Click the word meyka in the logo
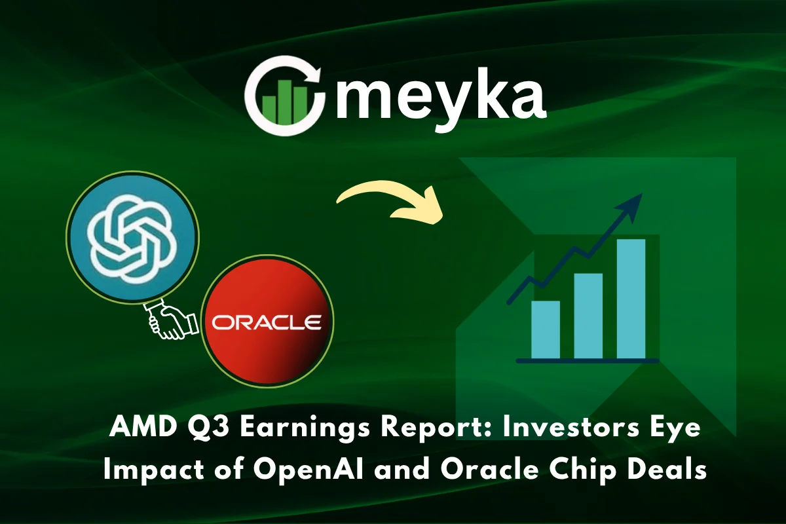point(440,98)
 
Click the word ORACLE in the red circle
point(266,323)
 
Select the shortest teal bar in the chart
point(546,329)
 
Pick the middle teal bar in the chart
point(588,316)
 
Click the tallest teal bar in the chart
point(631,299)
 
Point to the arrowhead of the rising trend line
point(634,200)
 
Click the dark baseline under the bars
point(587,360)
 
